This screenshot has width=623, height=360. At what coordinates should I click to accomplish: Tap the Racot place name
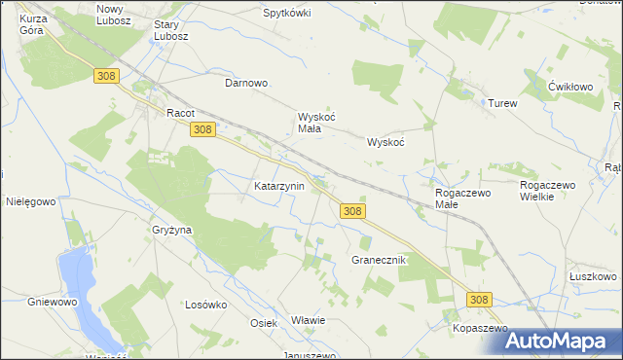click(181, 112)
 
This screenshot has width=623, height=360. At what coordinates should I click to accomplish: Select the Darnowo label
click(246, 83)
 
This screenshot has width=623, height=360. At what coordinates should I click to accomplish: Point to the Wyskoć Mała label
click(316, 123)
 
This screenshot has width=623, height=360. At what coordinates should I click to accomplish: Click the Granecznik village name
click(378, 261)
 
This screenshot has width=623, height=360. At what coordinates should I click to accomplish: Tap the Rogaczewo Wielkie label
click(550, 191)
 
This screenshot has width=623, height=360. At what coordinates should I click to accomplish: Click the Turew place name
click(502, 103)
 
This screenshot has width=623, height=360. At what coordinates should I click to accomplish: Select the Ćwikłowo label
click(570, 86)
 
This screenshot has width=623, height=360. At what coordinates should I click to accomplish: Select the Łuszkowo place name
click(593, 276)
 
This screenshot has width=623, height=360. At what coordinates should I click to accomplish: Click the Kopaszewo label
click(481, 330)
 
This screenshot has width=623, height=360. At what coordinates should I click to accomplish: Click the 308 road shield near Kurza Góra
click(107, 75)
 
